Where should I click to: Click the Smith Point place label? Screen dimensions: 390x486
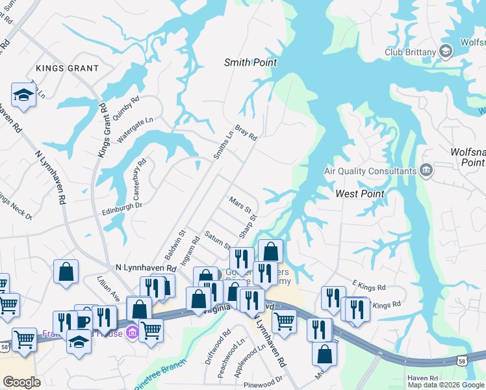250,63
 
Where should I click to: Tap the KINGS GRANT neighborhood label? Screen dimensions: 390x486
68,68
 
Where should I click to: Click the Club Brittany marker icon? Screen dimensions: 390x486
446,51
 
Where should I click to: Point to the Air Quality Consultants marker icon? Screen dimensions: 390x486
426,171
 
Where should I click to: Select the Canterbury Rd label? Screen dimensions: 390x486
142,172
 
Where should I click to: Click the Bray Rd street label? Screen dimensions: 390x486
246,133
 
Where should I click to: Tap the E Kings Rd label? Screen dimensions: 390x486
368,286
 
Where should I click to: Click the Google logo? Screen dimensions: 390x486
21,382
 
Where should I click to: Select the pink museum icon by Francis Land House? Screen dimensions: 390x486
133,333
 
